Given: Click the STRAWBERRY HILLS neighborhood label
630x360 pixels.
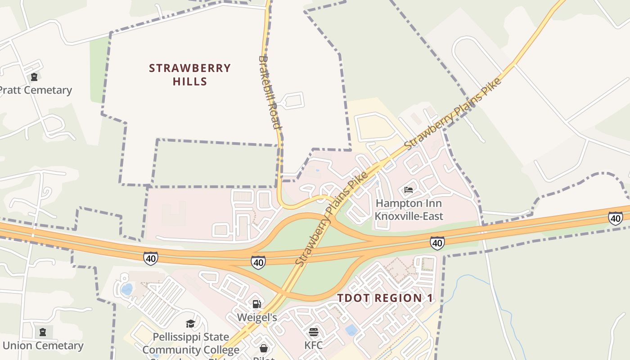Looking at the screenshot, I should pos(189,75).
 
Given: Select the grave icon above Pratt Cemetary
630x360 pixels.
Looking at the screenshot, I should pos(34,77).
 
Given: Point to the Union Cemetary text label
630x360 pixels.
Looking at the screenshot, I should pos(43,346).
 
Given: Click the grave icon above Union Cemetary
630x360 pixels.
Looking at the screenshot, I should pos(43,333).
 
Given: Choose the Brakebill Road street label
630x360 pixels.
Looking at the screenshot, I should pos(270,92).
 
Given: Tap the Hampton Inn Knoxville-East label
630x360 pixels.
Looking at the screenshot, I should pos(409,210).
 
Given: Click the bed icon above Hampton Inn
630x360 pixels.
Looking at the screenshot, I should pos(409,190).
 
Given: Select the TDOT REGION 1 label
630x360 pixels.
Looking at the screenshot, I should pos(385,298).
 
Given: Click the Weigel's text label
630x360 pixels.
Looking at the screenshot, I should pos(257,318).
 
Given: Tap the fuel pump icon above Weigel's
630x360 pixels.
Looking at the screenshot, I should pos(256,305).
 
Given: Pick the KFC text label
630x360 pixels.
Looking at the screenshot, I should pos(314,346).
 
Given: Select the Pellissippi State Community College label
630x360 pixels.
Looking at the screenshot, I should pos(191,343).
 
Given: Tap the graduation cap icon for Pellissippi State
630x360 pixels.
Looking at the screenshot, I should pos(191,324).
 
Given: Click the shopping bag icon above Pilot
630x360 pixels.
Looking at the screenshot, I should pos(264,348).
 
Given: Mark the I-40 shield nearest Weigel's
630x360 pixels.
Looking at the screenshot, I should pos(258,262).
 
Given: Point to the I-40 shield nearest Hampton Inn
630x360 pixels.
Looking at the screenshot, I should pos(437,243).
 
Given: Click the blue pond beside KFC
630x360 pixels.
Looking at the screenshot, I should pos(351,330).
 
